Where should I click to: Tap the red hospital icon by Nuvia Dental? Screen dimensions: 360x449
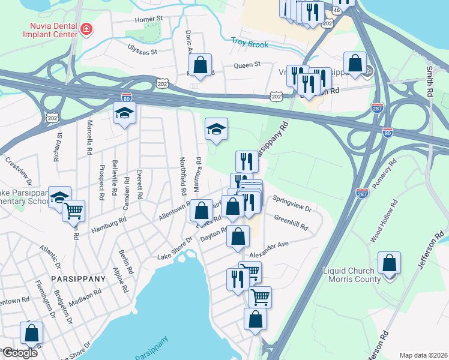87,29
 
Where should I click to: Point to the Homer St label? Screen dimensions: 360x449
149,19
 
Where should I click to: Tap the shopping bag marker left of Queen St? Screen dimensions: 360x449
200,64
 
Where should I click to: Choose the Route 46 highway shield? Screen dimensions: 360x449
336,10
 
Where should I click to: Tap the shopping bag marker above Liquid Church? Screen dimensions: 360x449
390,262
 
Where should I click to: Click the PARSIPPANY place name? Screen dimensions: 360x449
78,279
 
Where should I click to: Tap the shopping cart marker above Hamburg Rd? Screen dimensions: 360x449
74,210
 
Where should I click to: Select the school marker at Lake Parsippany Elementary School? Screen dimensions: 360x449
59,197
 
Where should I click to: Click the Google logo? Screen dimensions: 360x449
19,353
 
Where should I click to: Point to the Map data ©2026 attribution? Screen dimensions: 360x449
423,355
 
